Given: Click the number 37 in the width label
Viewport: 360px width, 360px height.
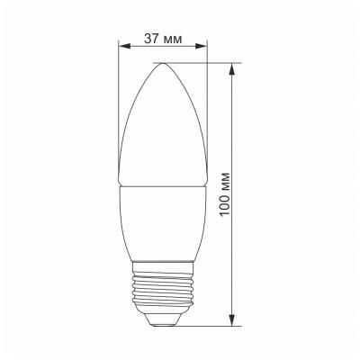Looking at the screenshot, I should click(x=151, y=39).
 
